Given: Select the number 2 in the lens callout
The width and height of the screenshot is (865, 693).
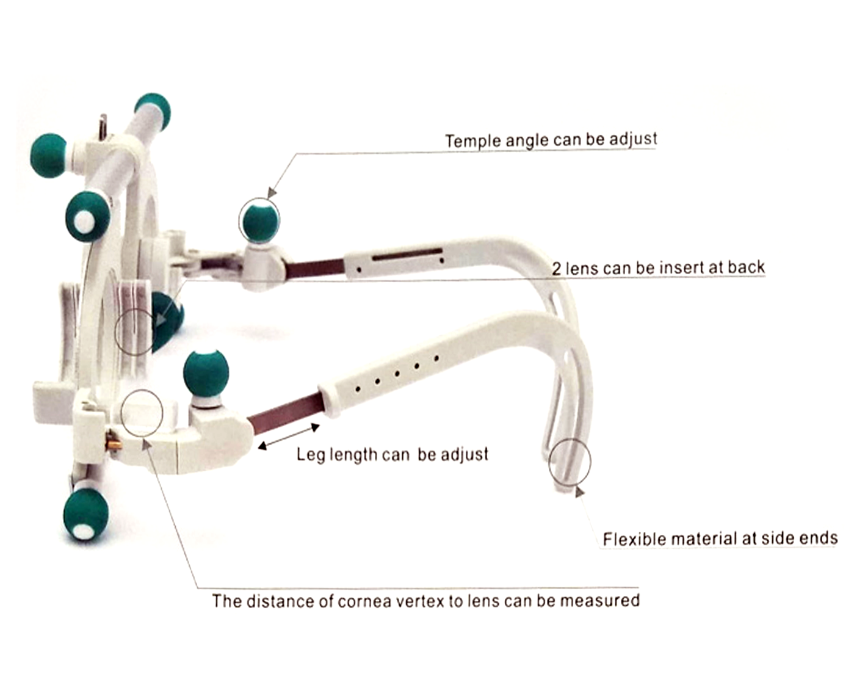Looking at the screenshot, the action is (556, 269).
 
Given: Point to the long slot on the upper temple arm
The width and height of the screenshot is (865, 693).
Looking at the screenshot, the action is (407, 254).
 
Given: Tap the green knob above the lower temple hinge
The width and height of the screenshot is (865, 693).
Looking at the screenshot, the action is (206, 374).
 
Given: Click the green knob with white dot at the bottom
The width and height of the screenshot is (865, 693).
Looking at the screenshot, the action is (86, 516).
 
